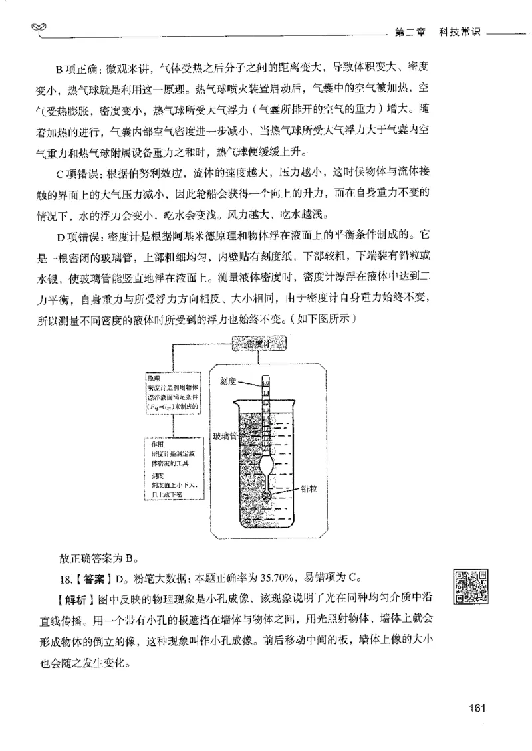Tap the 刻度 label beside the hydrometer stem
[x=228, y=382]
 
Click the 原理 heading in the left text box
[x=157, y=376]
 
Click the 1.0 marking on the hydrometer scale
[x=266, y=382]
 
